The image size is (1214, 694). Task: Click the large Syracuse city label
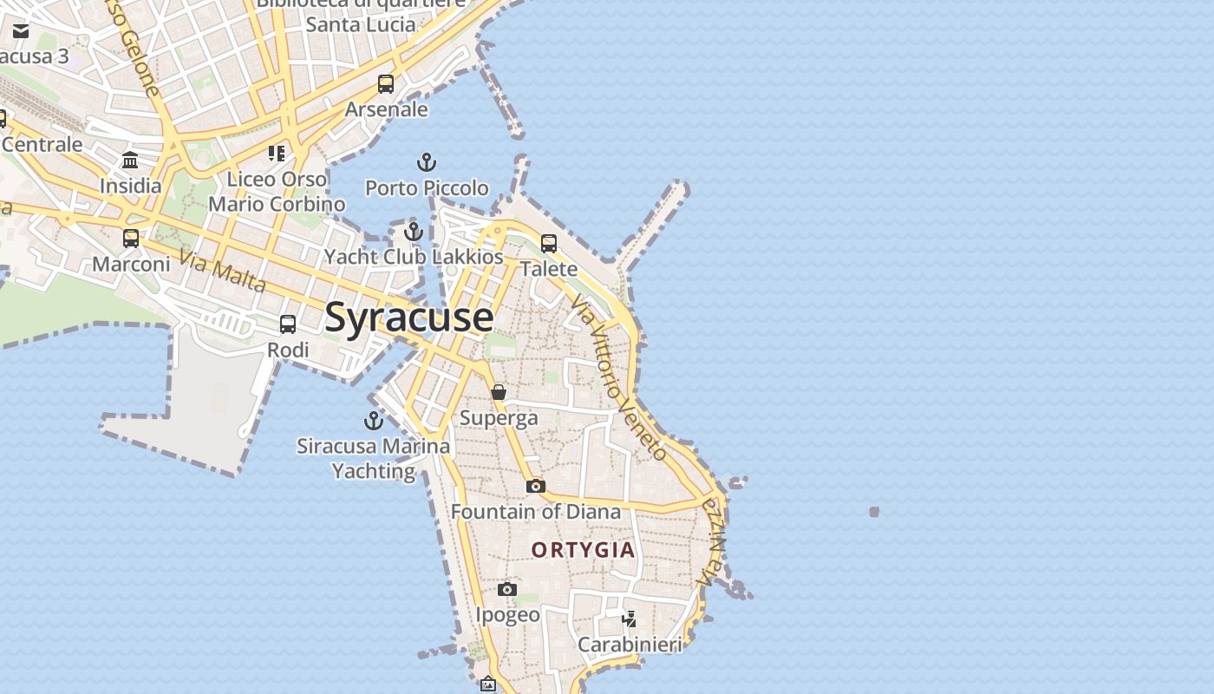(x=409, y=318)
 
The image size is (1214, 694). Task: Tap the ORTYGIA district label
(x=583, y=550)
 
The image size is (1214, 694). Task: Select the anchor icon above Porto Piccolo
(x=427, y=162)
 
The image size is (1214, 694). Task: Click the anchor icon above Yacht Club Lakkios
(x=414, y=232)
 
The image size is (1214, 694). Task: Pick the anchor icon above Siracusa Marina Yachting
(x=374, y=422)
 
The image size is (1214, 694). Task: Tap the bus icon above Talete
(x=549, y=244)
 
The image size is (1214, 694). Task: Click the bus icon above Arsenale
(x=386, y=84)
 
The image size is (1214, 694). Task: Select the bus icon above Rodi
(x=288, y=324)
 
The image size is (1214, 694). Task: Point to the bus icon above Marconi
(x=131, y=238)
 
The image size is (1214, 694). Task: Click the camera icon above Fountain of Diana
(x=536, y=486)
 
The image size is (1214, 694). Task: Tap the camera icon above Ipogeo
(x=507, y=590)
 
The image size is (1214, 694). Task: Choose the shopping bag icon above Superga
(x=499, y=392)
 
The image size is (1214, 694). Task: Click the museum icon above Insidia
(x=130, y=160)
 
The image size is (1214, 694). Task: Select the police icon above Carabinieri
(x=630, y=619)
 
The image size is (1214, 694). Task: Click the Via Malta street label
(x=223, y=271)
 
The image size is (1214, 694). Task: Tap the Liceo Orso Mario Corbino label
(x=277, y=192)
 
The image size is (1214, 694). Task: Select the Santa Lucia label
(x=361, y=24)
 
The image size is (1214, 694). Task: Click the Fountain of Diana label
(x=536, y=512)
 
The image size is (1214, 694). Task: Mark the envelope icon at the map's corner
(x=21, y=31)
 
